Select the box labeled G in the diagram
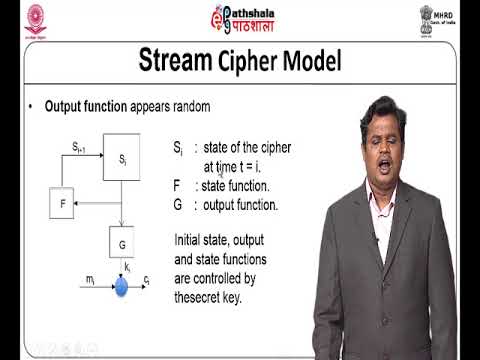pyautogui.click(x=122, y=243)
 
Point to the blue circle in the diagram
pyautogui.click(x=122, y=287)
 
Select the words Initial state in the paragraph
pyautogui.click(x=203, y=240)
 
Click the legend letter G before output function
pyautogui.click(x=178, y=205)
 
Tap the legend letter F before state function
pyautogui.click(x=177, y=185)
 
